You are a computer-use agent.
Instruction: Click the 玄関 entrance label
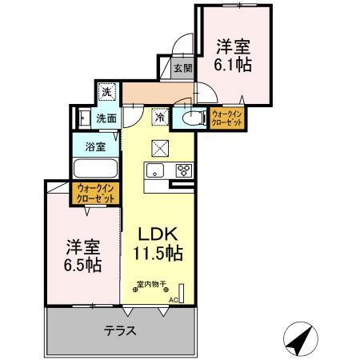coord(182,69)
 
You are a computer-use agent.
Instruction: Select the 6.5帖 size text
coord(82,265)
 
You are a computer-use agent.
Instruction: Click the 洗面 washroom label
coord(106,118)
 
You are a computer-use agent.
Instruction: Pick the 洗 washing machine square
coord(106,92)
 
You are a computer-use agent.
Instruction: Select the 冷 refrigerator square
coord(160,118)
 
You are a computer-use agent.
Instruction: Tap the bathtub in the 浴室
coord(95,170)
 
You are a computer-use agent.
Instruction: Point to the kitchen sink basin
coord(154,170)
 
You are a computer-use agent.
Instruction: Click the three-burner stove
coord(183,170)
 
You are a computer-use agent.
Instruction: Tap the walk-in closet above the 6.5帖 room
coord(97,193)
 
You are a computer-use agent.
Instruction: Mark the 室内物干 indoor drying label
coord(153,286)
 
